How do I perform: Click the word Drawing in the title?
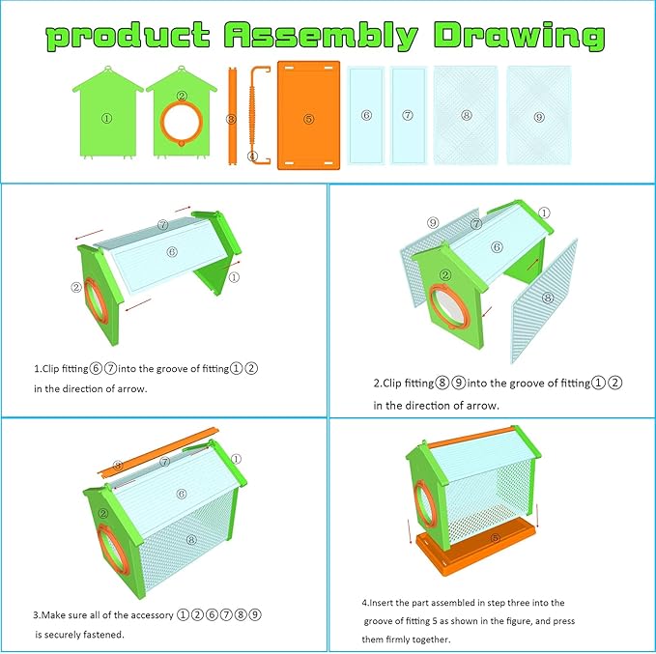coord(519,36)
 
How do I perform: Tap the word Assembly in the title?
coord(322,36)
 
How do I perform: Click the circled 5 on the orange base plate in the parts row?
coord(309,119)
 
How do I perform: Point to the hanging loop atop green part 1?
coord(108,68)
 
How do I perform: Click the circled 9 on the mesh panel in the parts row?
coord(539,117)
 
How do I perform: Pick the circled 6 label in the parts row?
coord(366,115)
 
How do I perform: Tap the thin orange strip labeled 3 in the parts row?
coord(232,116)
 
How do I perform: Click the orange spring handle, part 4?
coord(253,115)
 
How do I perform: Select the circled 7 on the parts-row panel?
coord(408,115)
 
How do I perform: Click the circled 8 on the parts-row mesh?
coord(467,115)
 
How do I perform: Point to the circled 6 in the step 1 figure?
coord(172,251)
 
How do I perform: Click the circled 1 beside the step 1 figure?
coord(234,277)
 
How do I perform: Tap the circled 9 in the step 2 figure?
coord(433,222)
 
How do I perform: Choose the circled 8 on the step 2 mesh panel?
coord(548,298)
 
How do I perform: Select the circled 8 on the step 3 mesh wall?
coord(191,539)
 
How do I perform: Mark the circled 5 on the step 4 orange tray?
coord(495,538)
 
